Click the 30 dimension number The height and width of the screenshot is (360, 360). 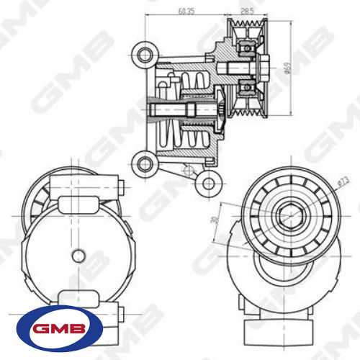pos(213,221)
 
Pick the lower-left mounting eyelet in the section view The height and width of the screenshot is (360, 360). pos(147,164)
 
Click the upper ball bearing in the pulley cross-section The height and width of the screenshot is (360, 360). pos(247,50)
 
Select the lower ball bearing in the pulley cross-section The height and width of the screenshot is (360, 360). pos(247,87)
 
